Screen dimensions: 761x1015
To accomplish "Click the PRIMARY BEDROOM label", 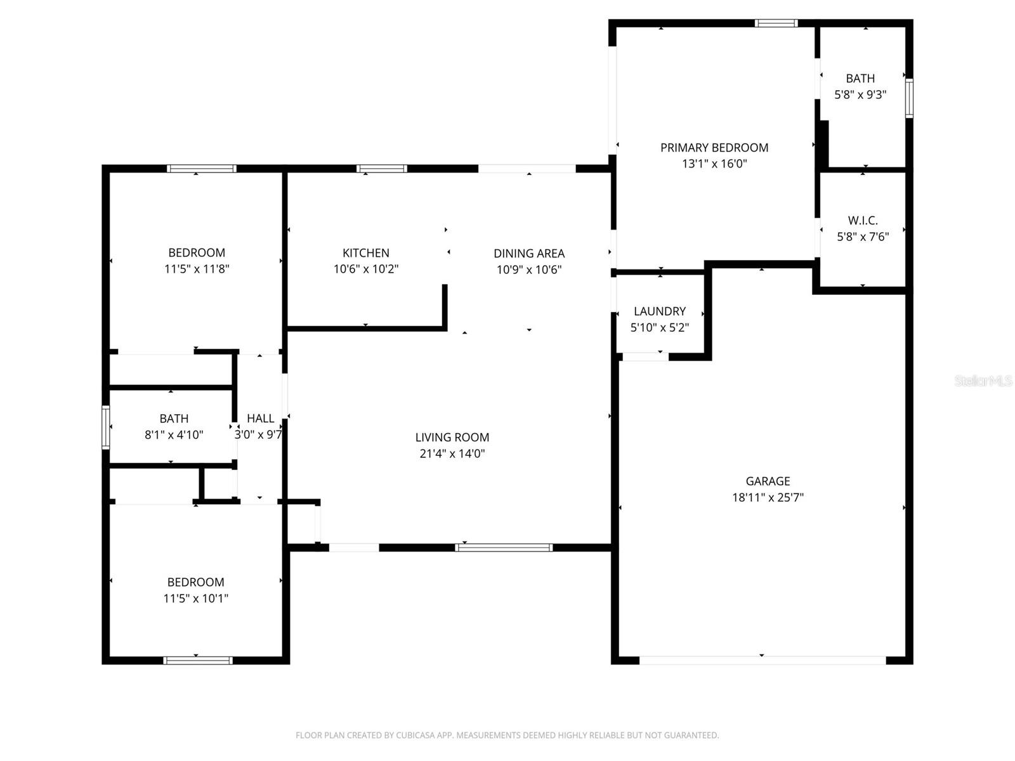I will (714, 148).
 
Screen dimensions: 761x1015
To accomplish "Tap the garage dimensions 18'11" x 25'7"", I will (768, 498).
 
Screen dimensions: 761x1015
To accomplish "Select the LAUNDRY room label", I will (660, 311).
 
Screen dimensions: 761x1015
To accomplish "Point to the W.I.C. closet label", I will (863, 221).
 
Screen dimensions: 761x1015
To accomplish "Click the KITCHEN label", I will (366, 252).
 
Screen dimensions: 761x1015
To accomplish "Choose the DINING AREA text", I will (529, 253).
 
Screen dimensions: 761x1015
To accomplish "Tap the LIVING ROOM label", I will (452, 437).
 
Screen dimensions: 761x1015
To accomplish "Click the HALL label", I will (260, 419).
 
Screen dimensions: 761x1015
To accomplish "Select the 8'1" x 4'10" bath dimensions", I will (174, 435).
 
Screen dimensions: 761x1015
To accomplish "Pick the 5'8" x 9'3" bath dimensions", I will (860, 95).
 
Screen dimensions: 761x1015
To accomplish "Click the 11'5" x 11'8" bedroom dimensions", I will (197, 269).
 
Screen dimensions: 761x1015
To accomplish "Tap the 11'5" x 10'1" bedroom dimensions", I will (196, 598).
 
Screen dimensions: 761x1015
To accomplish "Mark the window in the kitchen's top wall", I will (381, 169).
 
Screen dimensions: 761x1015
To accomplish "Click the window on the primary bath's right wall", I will (909, 98).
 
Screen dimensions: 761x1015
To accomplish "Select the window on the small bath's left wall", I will (106, 427).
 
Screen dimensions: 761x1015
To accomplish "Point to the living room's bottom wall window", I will (504, 547).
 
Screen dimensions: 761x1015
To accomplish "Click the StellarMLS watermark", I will (983, 380).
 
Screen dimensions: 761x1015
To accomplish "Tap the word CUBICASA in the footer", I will (416, 736).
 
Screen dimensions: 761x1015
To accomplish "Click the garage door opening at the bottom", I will (762, 660).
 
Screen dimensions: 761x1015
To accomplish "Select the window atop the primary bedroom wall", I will (776, 23).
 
